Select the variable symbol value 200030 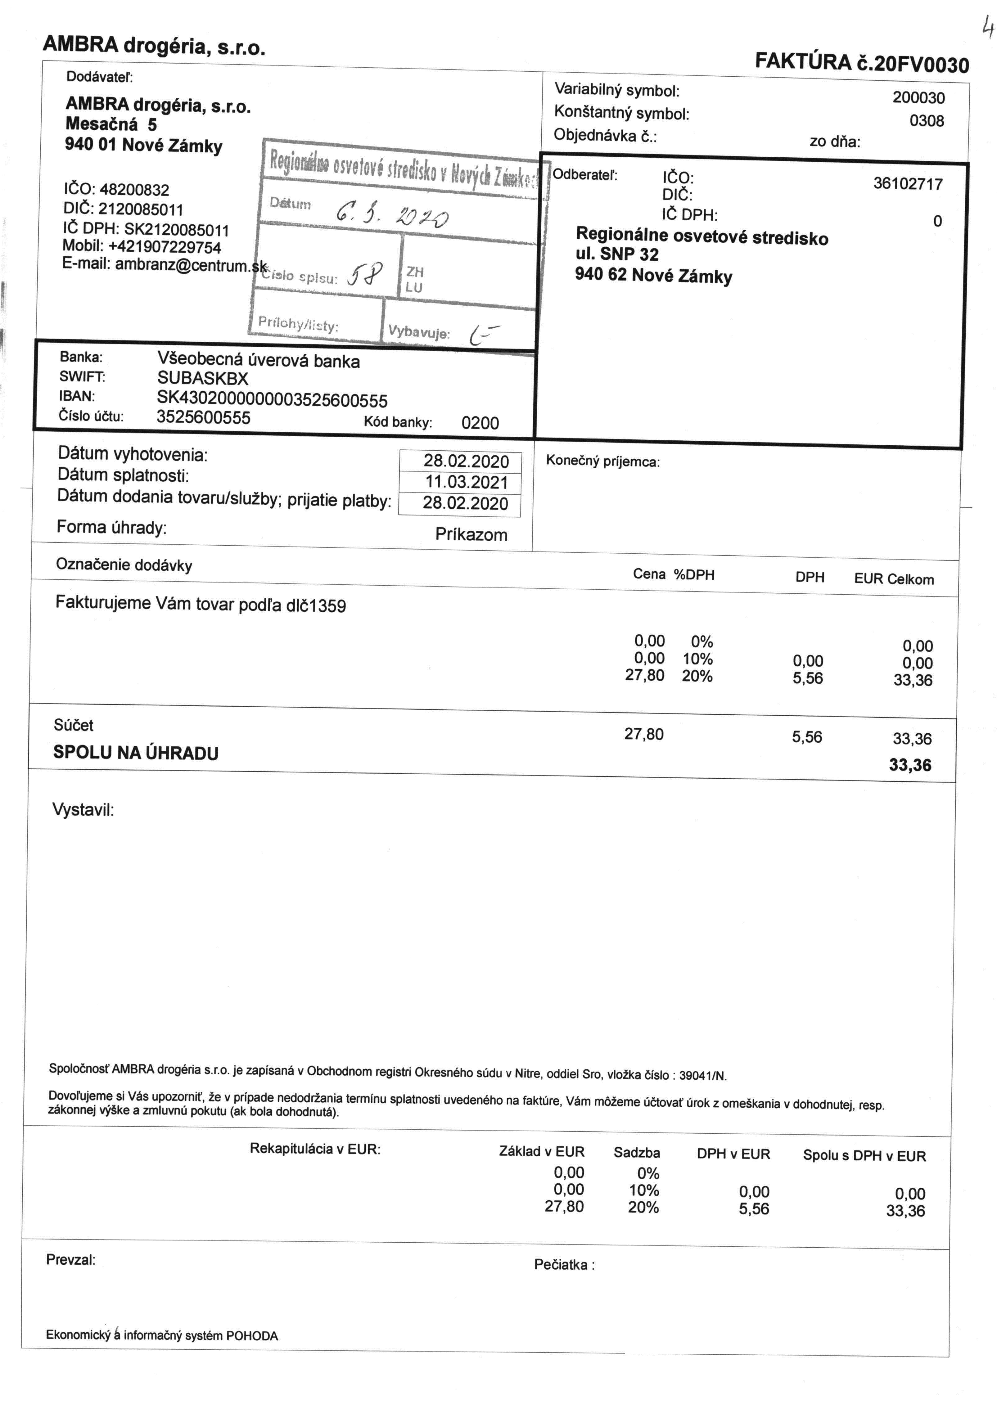[x=918, y=98]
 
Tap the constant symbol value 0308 [x=927, y=121]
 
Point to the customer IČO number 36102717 [x=908, y=184]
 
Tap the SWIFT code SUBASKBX [x=202, y=378]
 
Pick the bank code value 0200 [x=480, y=423]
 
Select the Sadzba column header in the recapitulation [x=637, y=1153]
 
